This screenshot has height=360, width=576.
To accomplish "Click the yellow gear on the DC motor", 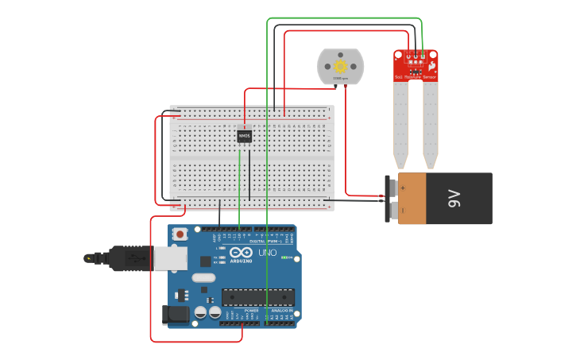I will point(341,66).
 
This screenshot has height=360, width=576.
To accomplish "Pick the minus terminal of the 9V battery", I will point(391,211).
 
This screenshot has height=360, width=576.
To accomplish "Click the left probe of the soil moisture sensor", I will point(401,119).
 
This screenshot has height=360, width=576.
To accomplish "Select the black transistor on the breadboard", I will point(244,137).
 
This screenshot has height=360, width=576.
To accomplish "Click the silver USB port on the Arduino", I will point(170,258).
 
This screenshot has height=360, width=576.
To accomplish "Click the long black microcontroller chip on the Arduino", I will point(257,297).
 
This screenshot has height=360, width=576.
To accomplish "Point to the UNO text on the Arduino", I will point(267,253).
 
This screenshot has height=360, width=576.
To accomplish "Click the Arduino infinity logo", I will point(241,252).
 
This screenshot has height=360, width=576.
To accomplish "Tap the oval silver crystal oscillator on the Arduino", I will point(203,278).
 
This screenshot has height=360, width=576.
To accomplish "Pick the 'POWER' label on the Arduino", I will point(241,310).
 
